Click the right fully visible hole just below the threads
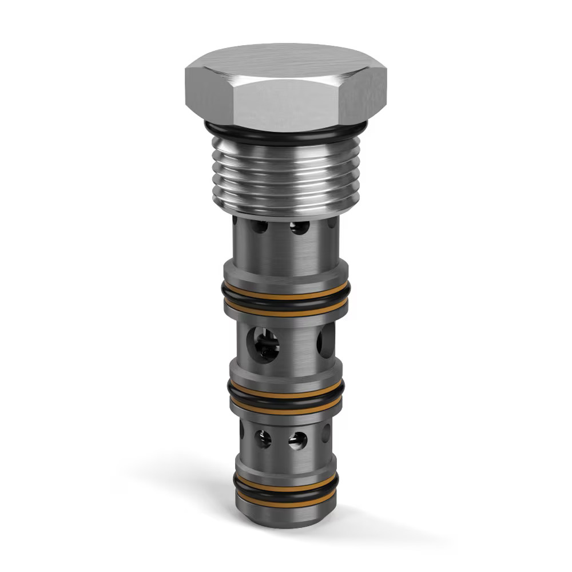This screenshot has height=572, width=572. pyautogui.click(x=299, y=228)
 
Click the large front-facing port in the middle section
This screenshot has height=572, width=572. pyautogui.click(x=264, y=345)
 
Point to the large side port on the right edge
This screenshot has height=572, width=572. pyautogui.click(x=326, y=341)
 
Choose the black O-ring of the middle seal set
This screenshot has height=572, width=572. pyautogui.click(x=286, y=395)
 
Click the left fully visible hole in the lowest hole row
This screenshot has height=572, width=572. pyautogui.click(x=263, y=439)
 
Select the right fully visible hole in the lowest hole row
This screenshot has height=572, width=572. pyautogui.click(x=297, y=440)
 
